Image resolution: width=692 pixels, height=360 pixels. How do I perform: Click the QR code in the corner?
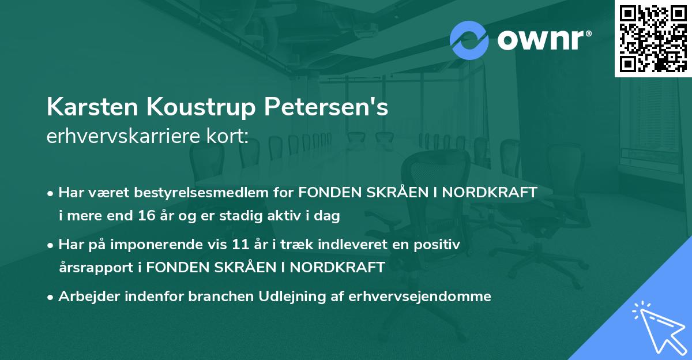tap(653, 38)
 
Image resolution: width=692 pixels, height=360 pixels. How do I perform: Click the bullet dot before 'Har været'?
tap(51, 193)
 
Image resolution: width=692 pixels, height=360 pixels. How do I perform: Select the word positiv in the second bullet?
tap(439, 244)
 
